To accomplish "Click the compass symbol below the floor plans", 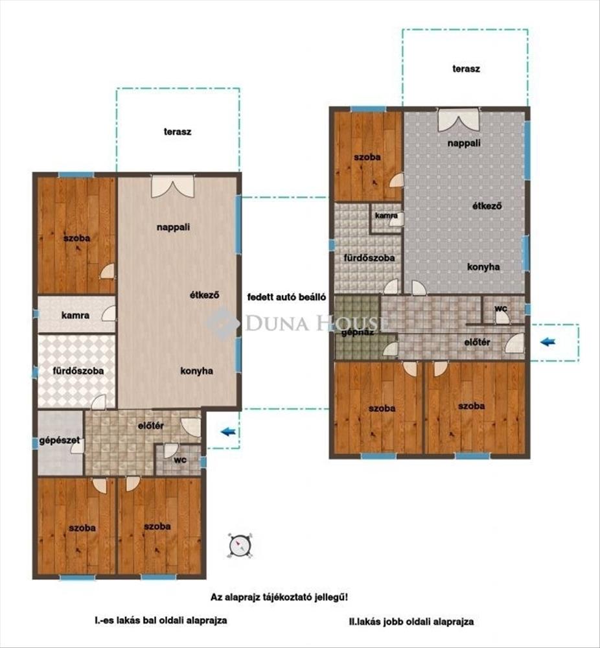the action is (x=240, y=546).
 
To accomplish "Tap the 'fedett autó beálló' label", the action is (x=287, y=297).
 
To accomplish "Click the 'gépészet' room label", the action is (x=60, y=441).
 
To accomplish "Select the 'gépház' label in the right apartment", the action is (x=358, y=332).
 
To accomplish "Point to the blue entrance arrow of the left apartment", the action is (x=228, y=432).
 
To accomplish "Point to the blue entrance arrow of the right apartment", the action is (x=548, y=341).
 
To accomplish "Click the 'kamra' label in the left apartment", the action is (x=75, y=316).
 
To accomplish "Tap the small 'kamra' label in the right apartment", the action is (x=386, y=216).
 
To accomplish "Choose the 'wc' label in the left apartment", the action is (x=180, y=460).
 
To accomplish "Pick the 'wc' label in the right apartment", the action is (x=501, y=308).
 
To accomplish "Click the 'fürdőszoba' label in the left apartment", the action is (x=78, y=371).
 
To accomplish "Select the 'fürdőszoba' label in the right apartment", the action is (x=369, y=258).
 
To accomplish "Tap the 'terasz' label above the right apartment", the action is (x=466, y=69).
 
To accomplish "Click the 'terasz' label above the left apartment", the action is (x=178, y=132).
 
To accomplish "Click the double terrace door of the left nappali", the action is (x=173, y=187).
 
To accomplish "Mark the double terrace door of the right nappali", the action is (x=459, y=119).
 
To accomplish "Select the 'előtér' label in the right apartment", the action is (x=478, y=342).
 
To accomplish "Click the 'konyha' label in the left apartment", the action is (x=197, y=371).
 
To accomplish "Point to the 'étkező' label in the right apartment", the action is (x=487, y=205).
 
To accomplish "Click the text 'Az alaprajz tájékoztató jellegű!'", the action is (x=279, y=597).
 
